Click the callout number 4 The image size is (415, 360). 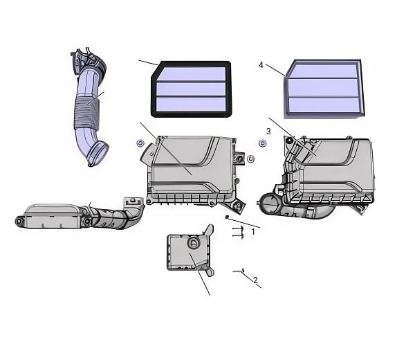[x=261, y=65]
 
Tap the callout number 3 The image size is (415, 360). [x=268, y=131]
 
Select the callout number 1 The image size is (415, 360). [x=253, y=231]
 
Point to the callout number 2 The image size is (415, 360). [x=255, y=280]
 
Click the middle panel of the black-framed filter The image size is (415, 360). [x=191, y=89]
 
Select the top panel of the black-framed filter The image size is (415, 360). [x=192, y=73]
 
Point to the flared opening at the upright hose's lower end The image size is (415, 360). [x=98, y=154]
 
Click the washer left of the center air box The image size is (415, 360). [x=140, y=143]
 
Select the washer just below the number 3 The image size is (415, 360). [x=263, y=143]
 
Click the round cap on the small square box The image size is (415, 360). [x=194, y=242]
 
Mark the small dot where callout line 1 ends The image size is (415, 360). [x=227, y=217]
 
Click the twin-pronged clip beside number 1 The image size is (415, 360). [x=238, y=232]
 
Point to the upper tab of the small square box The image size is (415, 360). [x=209, y=229]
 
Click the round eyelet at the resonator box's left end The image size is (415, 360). [x=19, y=221]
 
